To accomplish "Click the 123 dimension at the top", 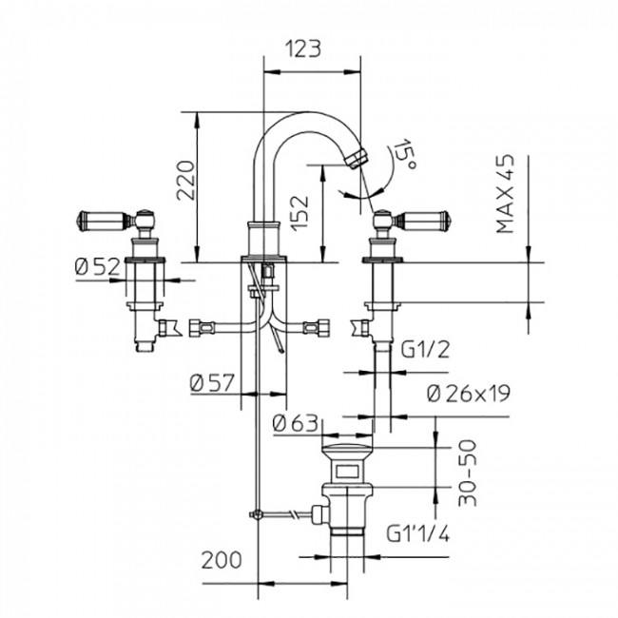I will coord(311,48).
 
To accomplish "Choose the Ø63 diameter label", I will coord(294,424).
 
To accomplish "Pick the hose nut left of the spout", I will coord(203,330).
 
